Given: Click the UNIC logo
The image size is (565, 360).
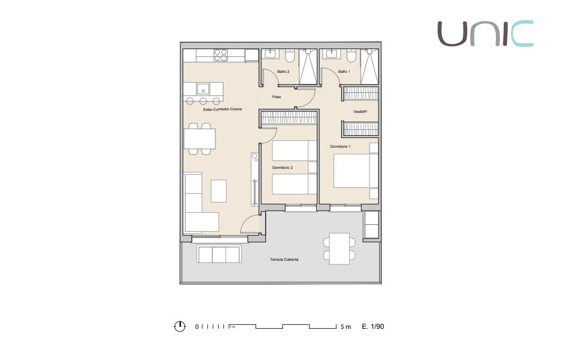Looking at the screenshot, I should click(x=485, y=33).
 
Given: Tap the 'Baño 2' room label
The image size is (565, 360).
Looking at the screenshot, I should click(x=283, y=71).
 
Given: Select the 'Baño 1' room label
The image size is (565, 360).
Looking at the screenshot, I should click(x=344, y=71).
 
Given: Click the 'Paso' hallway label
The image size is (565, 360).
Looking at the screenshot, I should click(x=277, y=97).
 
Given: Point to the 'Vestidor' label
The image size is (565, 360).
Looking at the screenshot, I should click(x=360, y=112).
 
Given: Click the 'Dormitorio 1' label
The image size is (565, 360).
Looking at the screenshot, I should click(x=340, y=146).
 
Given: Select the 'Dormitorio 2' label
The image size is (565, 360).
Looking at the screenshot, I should click(x=282, y=167).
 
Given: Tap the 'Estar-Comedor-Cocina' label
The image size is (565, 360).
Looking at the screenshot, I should click(x=222, y=110).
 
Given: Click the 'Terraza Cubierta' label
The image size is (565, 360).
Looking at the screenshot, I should click(x=284, y=260).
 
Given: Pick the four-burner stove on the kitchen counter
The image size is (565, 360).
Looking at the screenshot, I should click(x=220, y=55).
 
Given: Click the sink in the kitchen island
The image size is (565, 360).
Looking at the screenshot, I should click(x=203, y=88).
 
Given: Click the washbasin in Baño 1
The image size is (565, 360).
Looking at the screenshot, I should click(x=333, y=54).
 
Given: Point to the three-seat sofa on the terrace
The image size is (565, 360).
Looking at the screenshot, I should click(x=219, y=254).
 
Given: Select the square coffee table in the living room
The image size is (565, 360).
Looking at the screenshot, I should click(x=219, y=191).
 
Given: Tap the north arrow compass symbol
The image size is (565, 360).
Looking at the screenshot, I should click(x=180, y=326).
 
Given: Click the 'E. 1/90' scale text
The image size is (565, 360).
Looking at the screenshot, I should click(x=373, y=327).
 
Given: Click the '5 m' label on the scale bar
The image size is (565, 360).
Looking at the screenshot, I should click(x=345, y=327).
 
